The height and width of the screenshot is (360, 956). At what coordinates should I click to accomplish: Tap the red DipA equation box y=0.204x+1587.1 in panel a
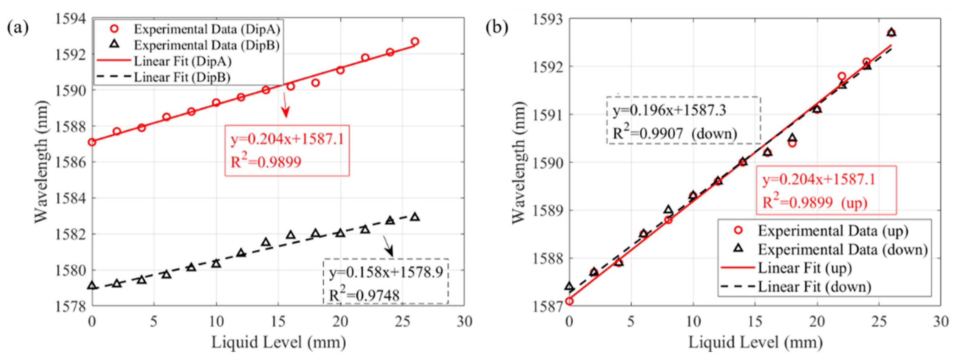tap(287, 150)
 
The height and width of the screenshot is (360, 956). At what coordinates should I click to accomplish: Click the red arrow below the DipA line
tap(285, 106)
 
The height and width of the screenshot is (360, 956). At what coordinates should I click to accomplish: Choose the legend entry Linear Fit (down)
tap(814, 287)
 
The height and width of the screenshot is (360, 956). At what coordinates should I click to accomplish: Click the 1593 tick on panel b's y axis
tap(547, 19)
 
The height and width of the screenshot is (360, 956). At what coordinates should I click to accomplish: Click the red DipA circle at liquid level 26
tap(415, 41)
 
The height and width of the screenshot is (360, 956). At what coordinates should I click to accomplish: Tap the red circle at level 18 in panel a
tap(316, 83)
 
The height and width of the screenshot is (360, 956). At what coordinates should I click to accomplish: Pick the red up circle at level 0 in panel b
tap(569, 301)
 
